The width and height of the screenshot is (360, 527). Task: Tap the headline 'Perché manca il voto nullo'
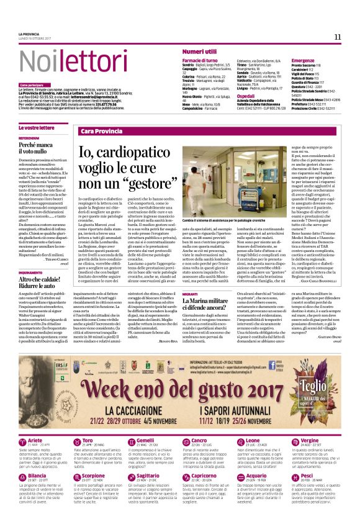[37, 148]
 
